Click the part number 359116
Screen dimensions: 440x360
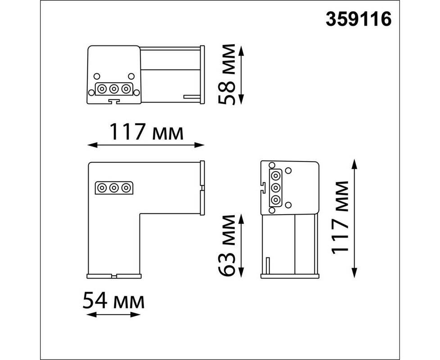point(358,20)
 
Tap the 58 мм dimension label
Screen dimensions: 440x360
point(227,74)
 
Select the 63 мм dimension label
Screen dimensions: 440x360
point(227,246)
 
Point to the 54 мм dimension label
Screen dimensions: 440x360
point(113,300)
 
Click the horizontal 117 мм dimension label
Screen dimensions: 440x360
point(146,131)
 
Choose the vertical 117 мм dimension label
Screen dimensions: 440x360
point(340,218)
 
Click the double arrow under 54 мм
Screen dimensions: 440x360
point(113,314)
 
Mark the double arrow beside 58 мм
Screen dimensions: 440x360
point(241,75)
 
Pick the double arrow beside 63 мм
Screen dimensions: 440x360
point(241,245)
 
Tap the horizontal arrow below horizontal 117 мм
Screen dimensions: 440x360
point(146,145)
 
